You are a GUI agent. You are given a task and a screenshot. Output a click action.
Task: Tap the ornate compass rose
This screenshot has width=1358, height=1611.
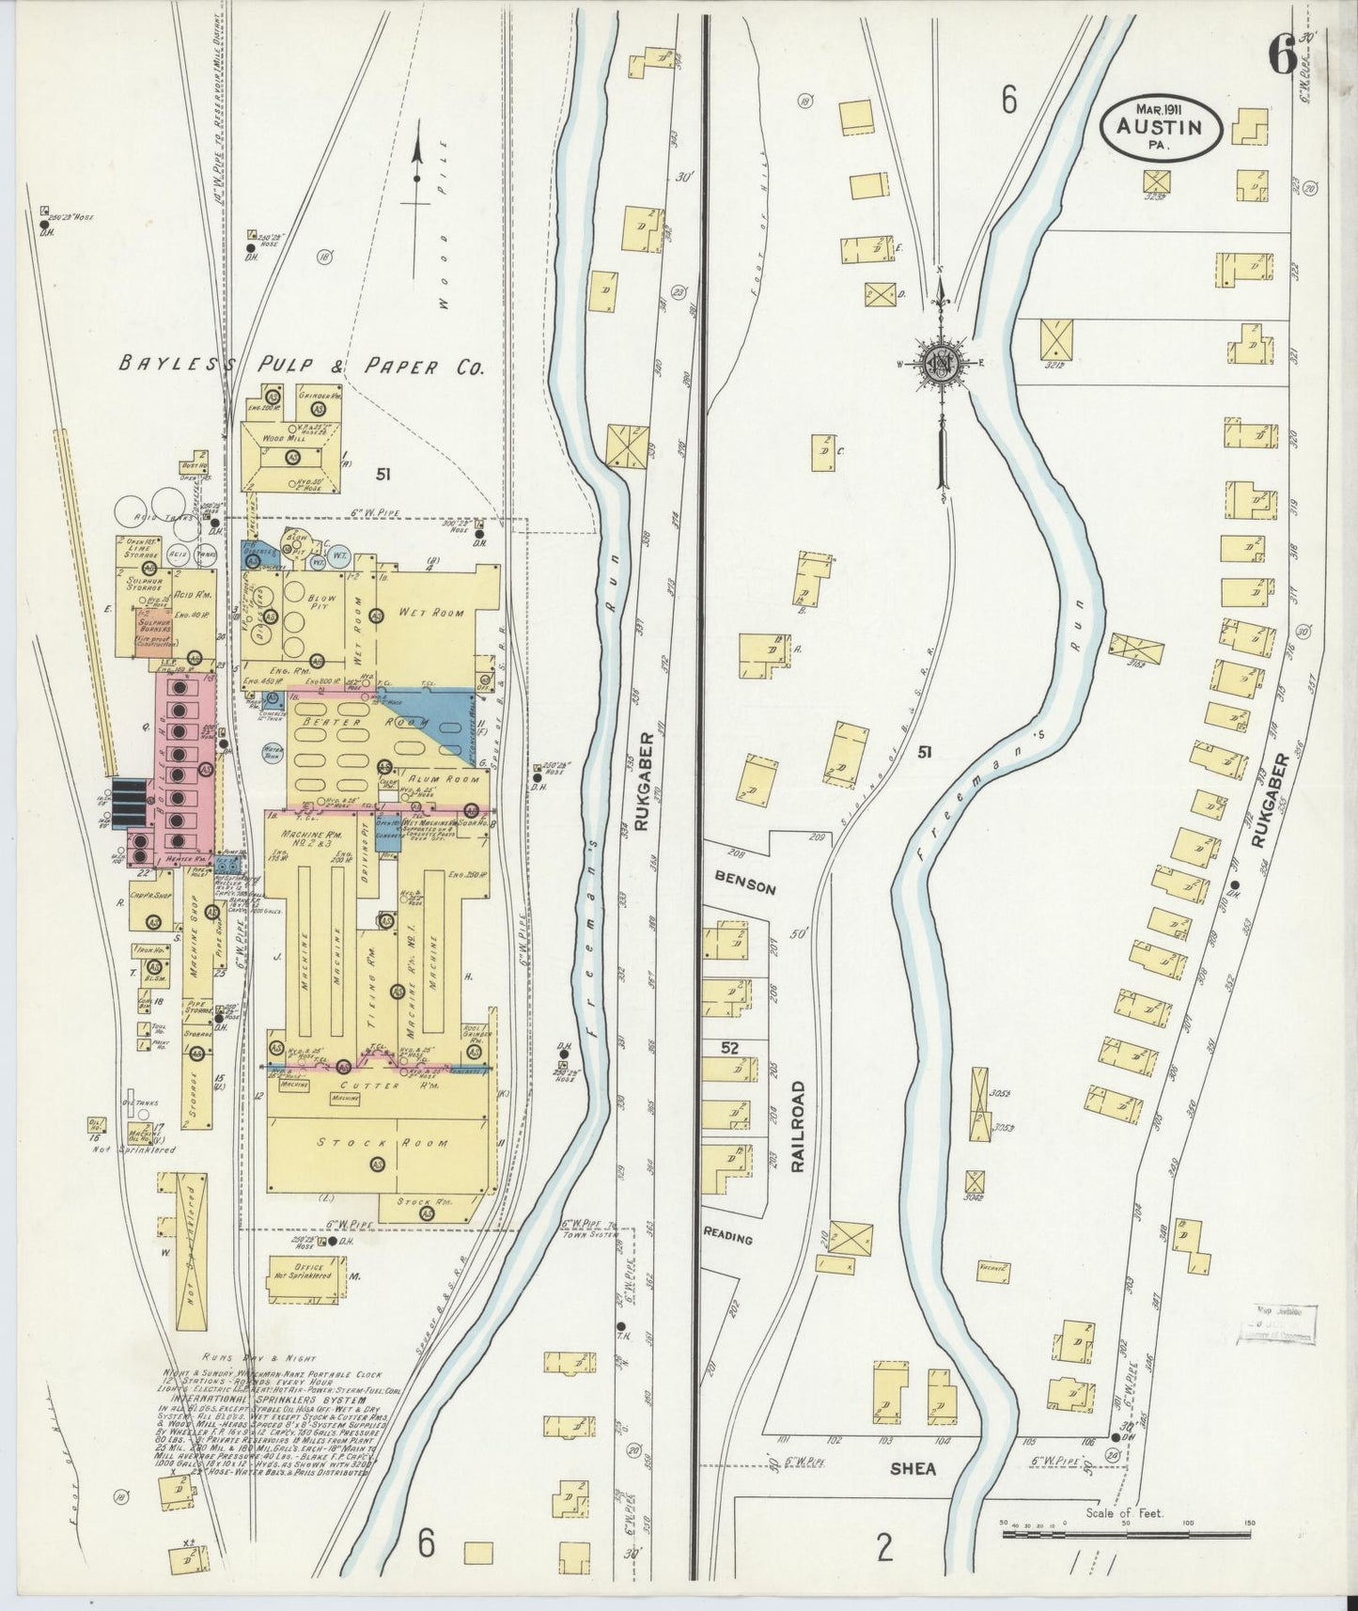point(940,365)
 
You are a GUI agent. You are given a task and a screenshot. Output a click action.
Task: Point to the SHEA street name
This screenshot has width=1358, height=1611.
point(913,1468)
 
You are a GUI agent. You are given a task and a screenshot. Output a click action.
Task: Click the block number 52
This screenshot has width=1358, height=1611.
point(729,1047)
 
